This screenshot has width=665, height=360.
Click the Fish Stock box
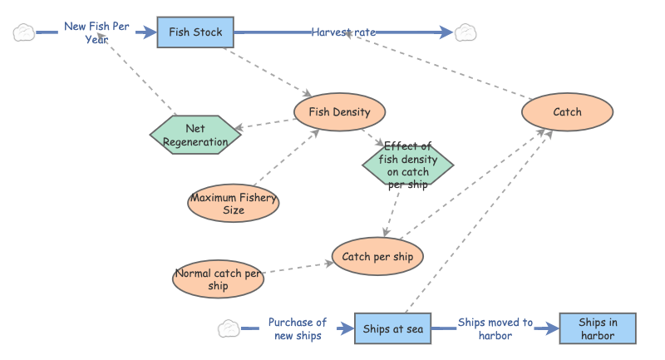(195, 32)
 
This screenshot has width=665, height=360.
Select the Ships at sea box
(393, 329)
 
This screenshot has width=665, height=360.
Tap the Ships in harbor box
(598, 329)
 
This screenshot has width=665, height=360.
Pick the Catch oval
(567, 112)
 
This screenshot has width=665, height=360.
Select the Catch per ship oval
(377, 257)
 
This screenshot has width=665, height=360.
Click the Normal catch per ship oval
(219, 279)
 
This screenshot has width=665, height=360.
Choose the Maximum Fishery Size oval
(234, 204)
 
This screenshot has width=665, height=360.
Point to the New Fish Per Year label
(96, 32)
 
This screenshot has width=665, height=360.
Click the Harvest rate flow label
(343, 32)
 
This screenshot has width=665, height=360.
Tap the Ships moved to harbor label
(495, 328)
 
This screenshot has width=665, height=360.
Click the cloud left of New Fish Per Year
(24, 32)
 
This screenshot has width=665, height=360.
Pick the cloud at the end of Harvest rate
(465, 32)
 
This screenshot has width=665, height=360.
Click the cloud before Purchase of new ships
(229, 329)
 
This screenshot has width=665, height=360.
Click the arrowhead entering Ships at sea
(347, 329)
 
